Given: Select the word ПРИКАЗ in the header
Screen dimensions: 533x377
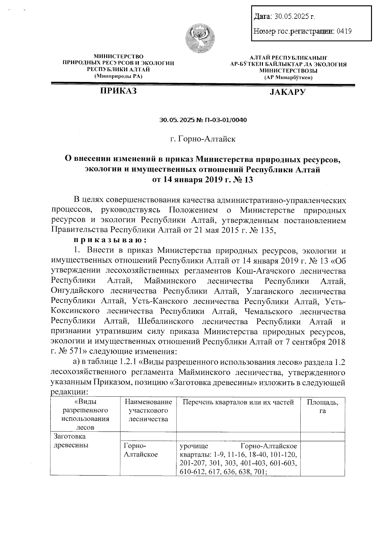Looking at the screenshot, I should (118, 91).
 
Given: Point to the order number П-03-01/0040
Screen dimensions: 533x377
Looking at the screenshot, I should (226, 120).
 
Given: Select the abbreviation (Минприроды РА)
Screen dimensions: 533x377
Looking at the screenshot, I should (118, 76).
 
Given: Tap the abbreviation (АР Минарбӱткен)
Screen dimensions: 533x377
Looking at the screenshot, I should (288, 77).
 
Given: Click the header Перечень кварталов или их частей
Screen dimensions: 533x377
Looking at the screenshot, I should (238, 402).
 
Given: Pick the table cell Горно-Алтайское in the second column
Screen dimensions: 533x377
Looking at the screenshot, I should (141, 450).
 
